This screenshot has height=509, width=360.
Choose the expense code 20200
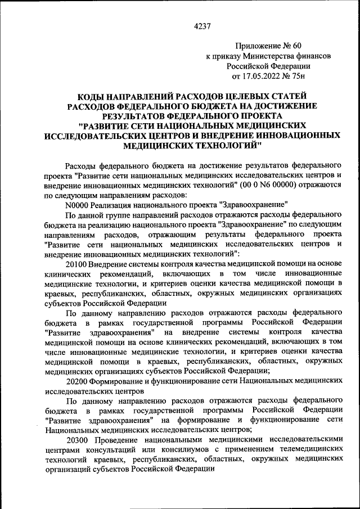(77, 381)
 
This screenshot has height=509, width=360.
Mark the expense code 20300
(77, 439)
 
